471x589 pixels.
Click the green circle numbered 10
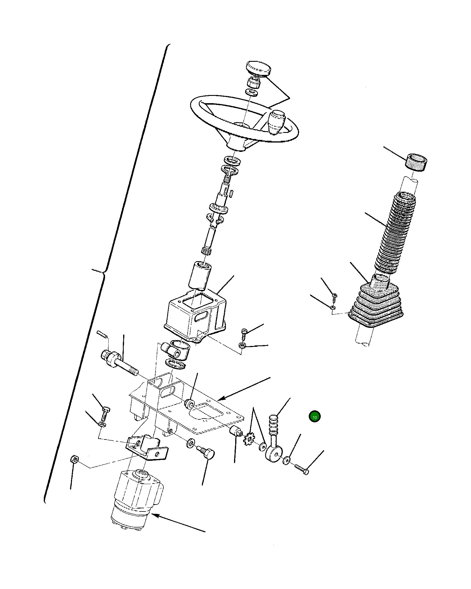[x=315, y=417]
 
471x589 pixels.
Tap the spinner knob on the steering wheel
[x=276, y=122]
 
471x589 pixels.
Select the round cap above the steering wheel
[x=259, y=68]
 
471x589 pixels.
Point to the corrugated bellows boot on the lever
[x=396, y=233]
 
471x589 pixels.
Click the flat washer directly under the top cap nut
[x=252, y=93]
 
